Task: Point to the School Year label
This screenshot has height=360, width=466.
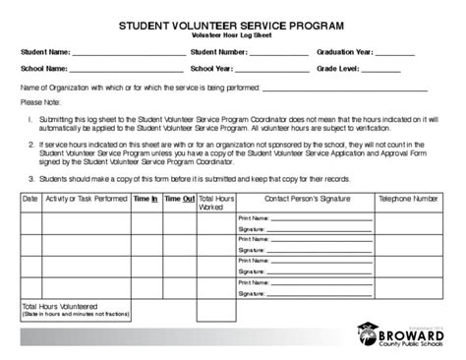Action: click(x=212, y=71)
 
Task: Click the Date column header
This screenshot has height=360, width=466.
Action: click(x=29, y=199)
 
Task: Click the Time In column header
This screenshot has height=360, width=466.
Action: click(x=146, y=199)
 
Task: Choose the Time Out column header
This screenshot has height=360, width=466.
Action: click(x=179, y=199)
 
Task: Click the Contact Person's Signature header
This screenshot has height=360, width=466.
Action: click(x=305, y=199)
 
